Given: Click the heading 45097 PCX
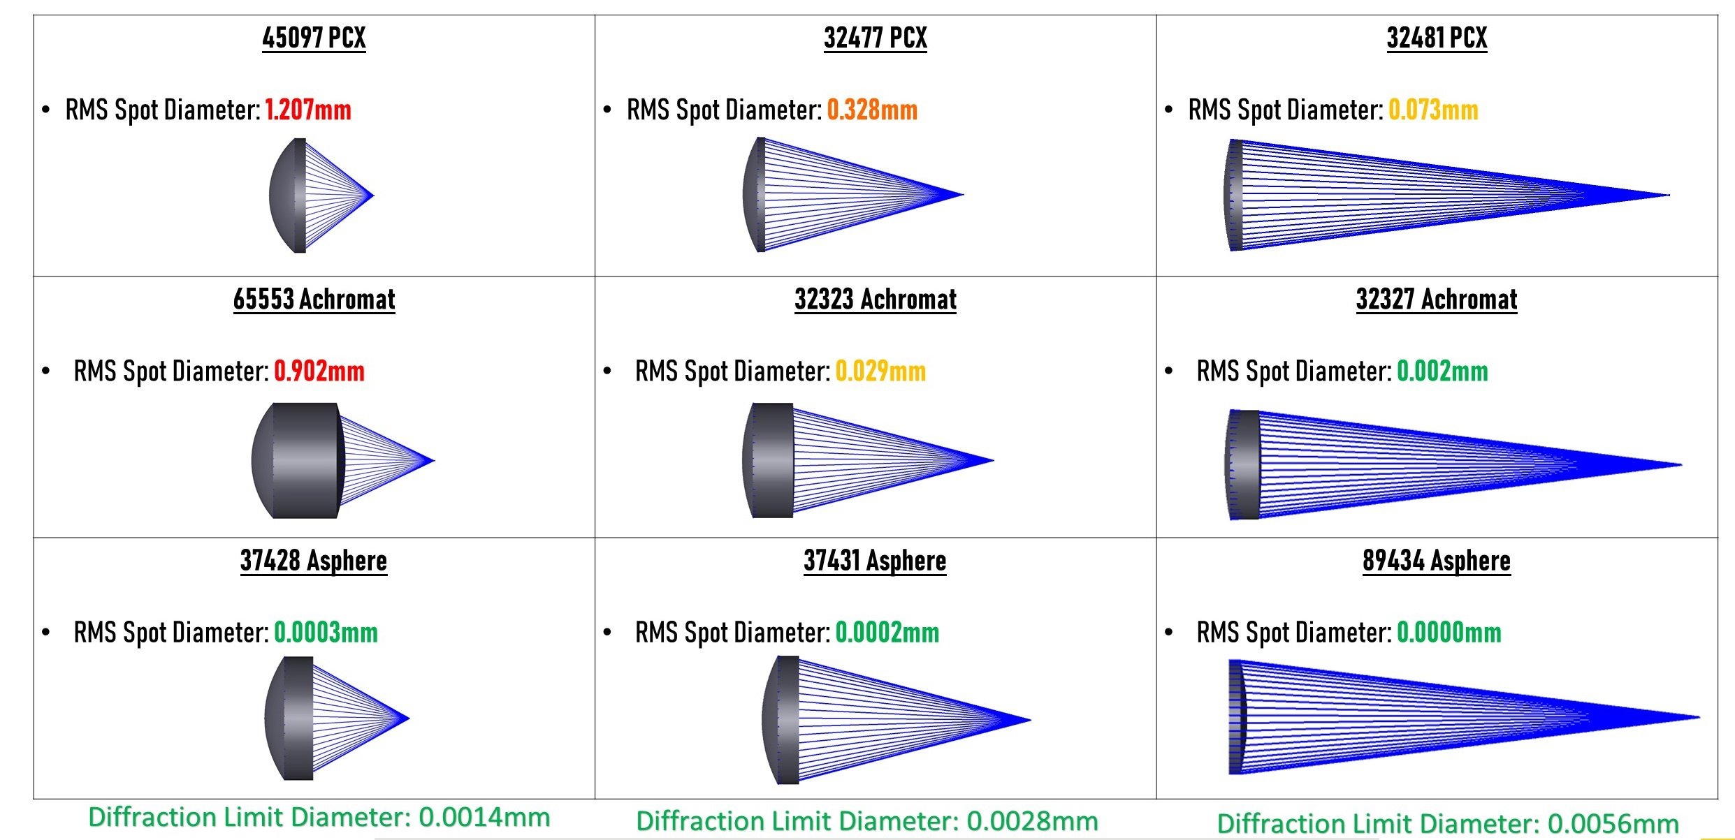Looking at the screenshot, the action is pos(314,38).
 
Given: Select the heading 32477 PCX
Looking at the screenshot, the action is pos(876,38).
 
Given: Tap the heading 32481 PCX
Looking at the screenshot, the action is pos(1437,38).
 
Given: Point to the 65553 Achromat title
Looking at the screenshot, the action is pos(314,299).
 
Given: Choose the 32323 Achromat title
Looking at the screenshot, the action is pos(876,299).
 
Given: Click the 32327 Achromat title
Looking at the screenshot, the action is pos(1437,299).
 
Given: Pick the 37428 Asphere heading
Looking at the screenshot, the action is pos(314,561).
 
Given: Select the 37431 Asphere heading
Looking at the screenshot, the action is pos(875,561).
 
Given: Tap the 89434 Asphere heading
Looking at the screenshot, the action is pos(1437,561).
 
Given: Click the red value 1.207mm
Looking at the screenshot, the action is pos(308,110).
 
